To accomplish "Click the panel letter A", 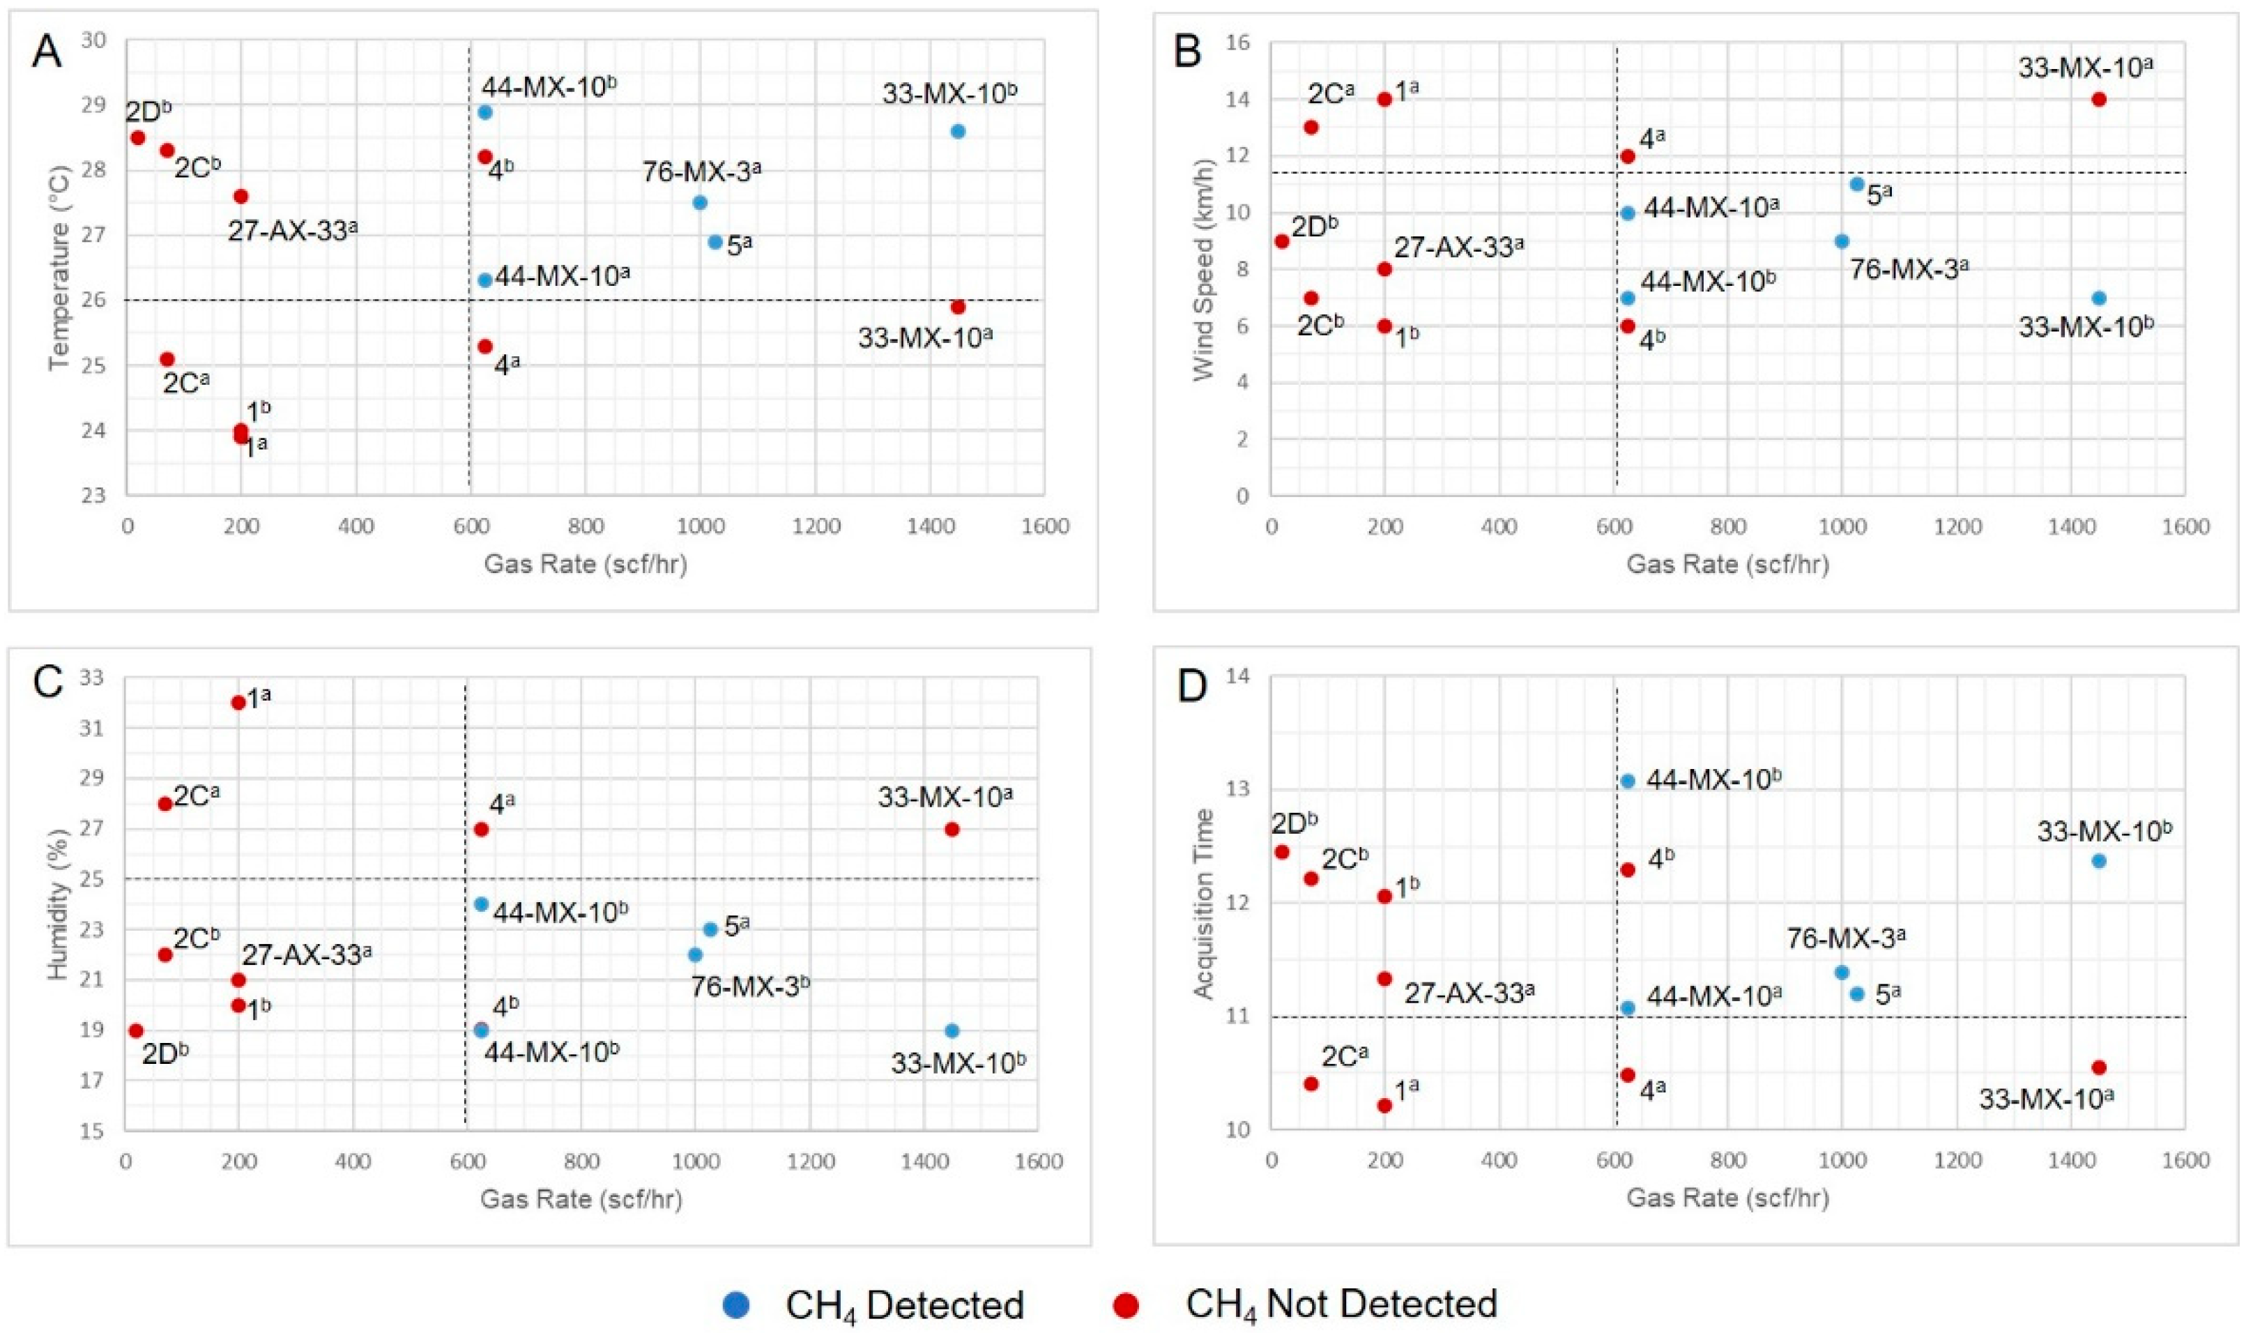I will click(x=47, y=53).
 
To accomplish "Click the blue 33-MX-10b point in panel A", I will click(x=957, y=131).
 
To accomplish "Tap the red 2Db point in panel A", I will click(x=138, y=137).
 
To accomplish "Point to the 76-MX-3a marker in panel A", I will click(x=699, y=202).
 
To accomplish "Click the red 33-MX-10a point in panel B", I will click(x=2098, y=100).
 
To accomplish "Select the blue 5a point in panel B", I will click(x=1857, y=184).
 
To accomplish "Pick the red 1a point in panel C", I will click(x=238, y=703).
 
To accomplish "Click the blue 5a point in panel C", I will click(x=710, y=930).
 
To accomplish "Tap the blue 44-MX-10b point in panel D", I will click(x=1627, y=781).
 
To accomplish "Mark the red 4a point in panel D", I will click(x=1627, y=1074).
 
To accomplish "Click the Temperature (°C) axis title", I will click(x=60, y=268).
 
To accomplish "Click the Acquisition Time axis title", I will click(x=1203, y=904).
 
